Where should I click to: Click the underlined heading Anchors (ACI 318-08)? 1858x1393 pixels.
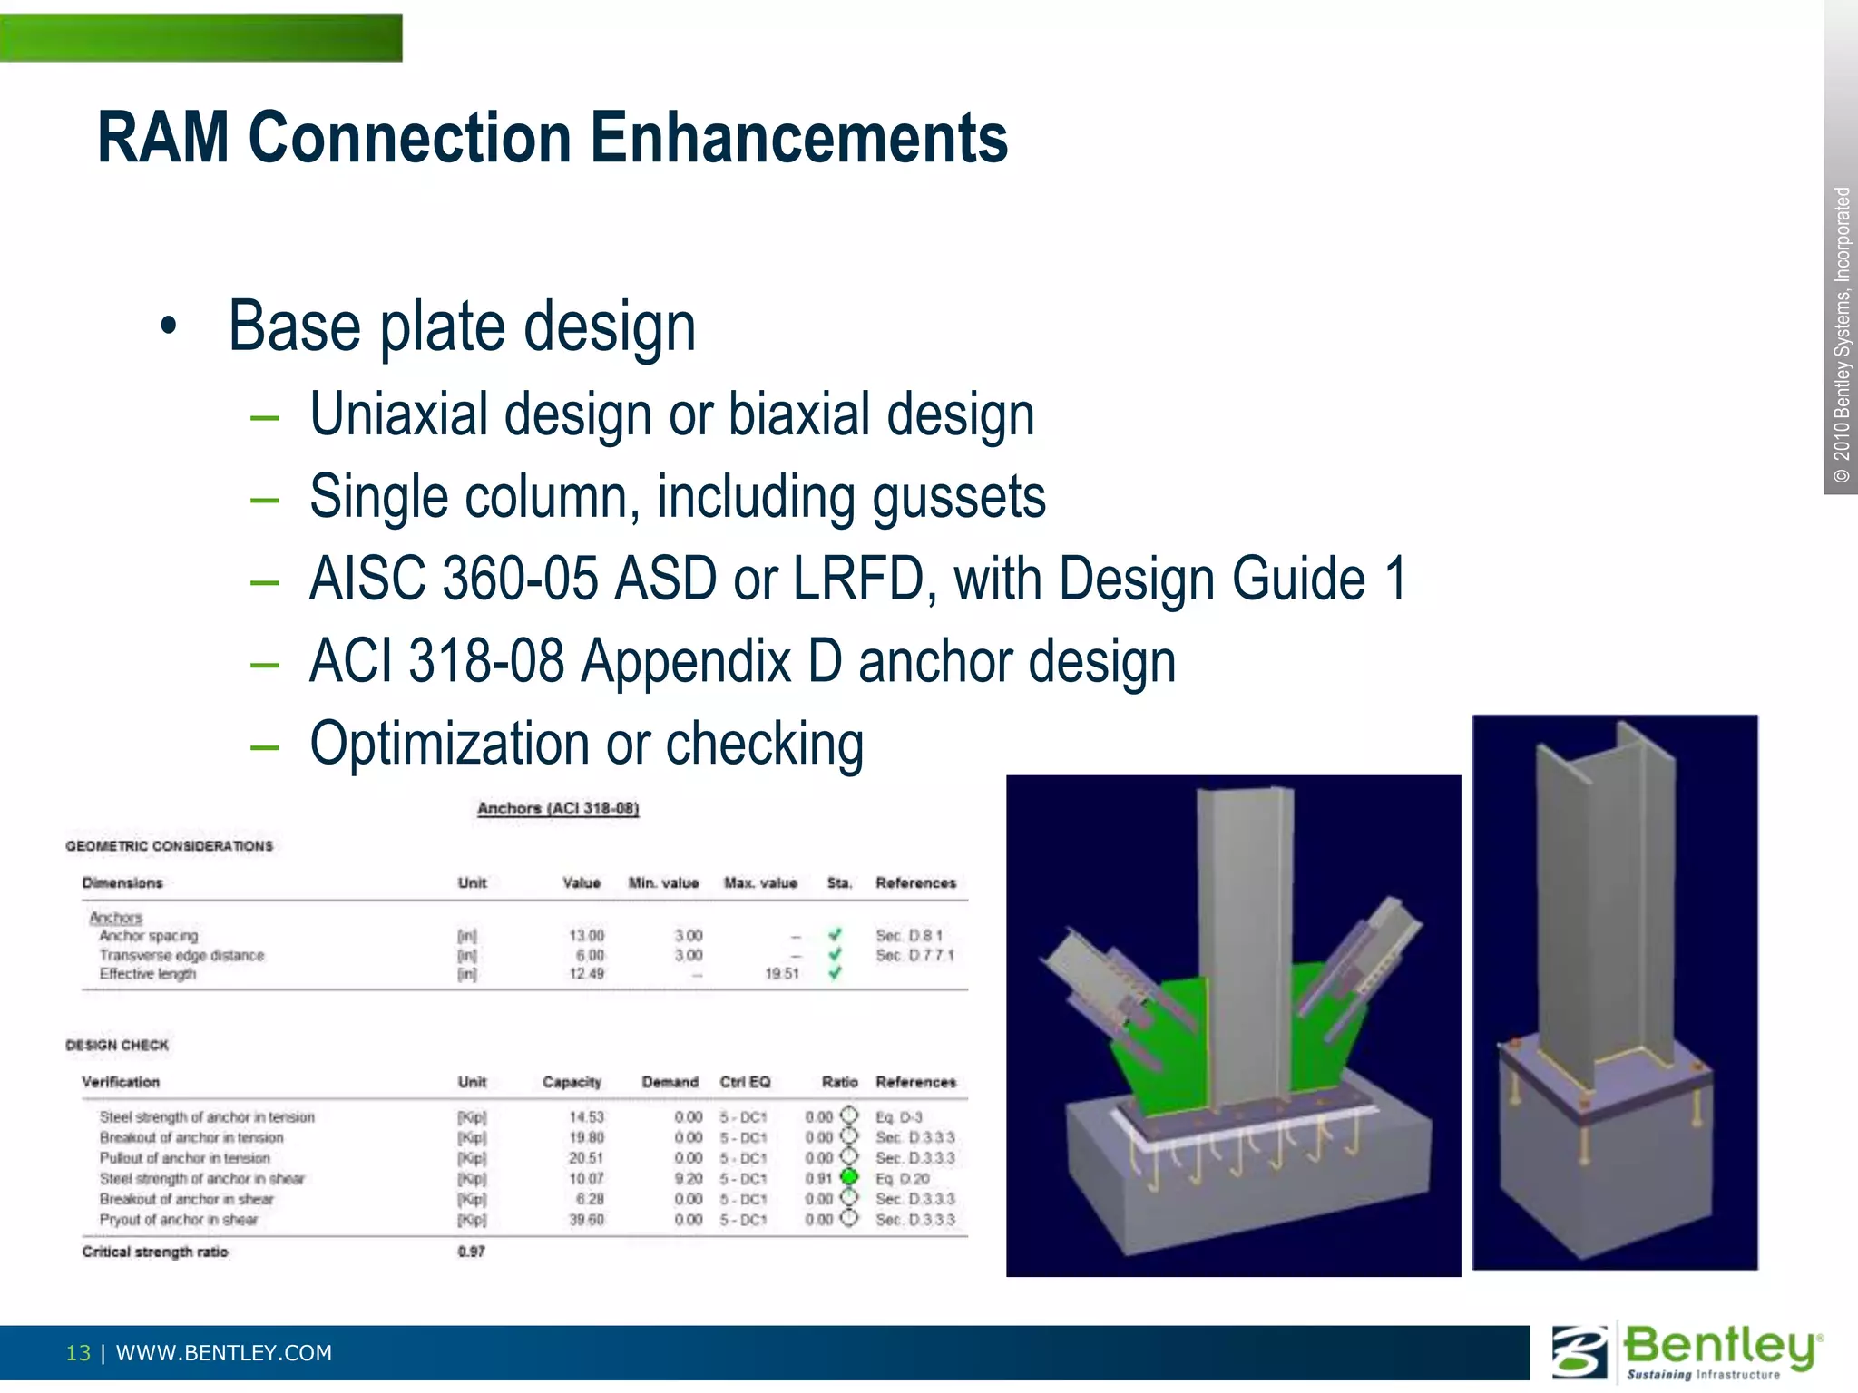(x=558, y=808)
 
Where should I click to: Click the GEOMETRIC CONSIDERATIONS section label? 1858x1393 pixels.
(x=169, y=846)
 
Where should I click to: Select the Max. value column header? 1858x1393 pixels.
(x=760, y=882)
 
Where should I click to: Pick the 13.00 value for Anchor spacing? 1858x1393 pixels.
(x=586, y=935)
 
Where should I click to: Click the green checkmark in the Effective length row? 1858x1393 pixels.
(x=835, y=973)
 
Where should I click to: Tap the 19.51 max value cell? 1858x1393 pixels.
(x=781, y=974)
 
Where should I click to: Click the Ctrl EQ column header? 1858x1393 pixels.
(x=745, y=1082)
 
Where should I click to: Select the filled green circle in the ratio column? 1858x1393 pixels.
(x=849, y=1177)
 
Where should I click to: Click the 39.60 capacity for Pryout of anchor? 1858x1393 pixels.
(x=586, y=1220)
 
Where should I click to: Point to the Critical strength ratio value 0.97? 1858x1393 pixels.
(x=471, y=1252)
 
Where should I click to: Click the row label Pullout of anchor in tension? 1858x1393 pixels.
(x=184, y=1158)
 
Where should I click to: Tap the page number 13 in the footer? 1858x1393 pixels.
(x=78, y=1353)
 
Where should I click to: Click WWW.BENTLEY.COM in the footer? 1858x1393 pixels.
(x=224, y=1353)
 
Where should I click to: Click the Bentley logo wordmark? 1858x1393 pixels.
(x=1720, y=1346)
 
